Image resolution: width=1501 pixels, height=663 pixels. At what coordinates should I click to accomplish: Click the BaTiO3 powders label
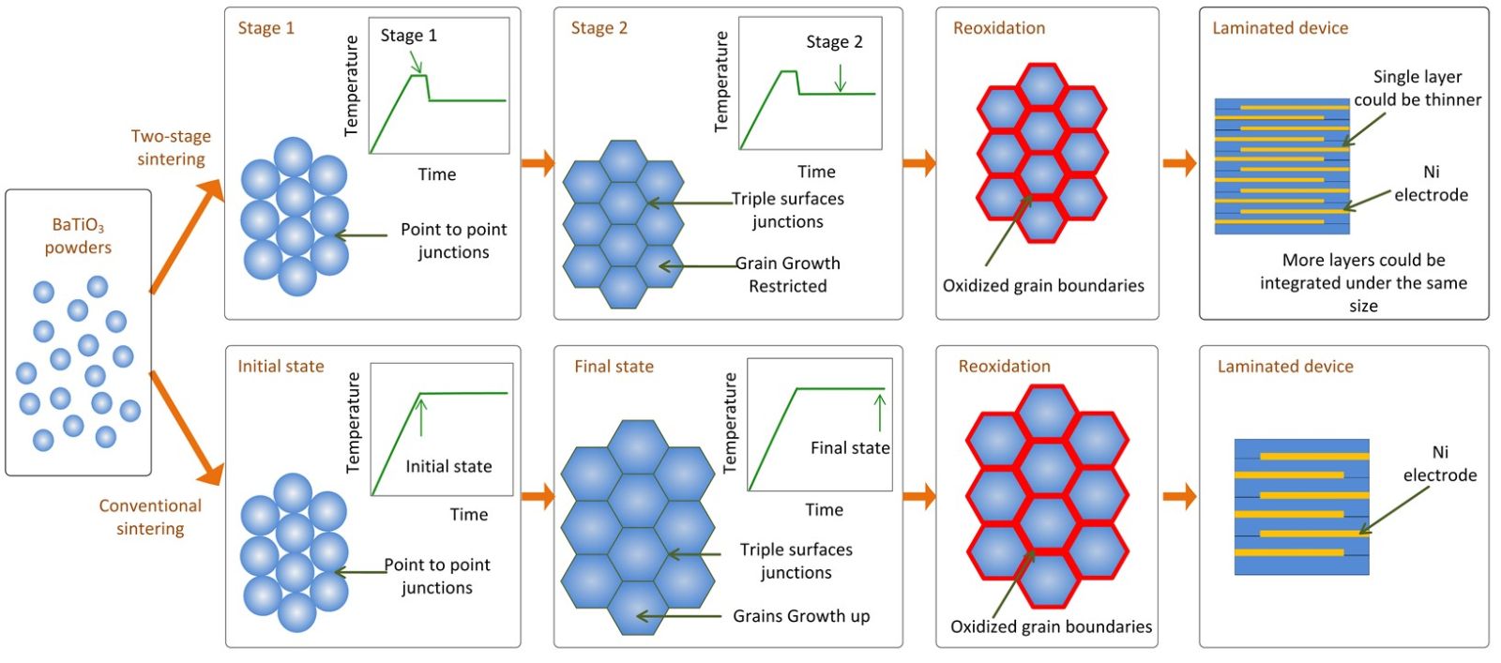point(78,236)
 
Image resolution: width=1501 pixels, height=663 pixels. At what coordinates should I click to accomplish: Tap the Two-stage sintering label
point(171,147)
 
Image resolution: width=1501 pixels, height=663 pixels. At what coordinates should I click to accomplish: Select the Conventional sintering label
point(150,517)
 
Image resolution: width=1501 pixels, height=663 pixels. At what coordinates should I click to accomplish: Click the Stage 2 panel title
point(599,28)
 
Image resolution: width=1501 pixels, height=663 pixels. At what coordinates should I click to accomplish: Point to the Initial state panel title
point(280,366)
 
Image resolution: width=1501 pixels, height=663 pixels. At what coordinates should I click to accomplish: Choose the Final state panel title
point(614,366)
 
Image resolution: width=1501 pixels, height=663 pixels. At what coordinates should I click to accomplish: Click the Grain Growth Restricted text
point(787,275)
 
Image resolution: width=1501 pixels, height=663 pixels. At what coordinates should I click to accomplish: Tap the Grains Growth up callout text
point(801,616)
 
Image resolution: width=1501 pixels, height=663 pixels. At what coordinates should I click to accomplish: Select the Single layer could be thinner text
point(1417,88)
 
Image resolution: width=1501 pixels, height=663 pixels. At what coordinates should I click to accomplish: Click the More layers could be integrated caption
point(1363,282)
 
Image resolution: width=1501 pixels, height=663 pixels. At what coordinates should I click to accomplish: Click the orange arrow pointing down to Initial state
point(188,427)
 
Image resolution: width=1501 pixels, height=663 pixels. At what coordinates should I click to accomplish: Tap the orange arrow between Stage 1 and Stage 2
point(538,162)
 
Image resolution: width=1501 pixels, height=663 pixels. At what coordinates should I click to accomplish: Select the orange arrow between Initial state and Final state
point(538,496)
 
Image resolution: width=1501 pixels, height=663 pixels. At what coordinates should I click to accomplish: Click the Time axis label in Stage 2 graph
point(816,172)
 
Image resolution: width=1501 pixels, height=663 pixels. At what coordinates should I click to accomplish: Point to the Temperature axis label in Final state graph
point(730,422)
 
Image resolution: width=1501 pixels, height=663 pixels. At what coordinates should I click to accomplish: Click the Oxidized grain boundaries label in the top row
point(1043,286)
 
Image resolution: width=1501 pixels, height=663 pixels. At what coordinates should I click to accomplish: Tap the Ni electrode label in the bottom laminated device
point(1439,463)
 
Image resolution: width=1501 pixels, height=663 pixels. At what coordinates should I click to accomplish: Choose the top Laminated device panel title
point(1280,28)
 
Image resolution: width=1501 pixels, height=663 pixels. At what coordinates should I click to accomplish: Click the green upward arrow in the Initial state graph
point(421,417)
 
